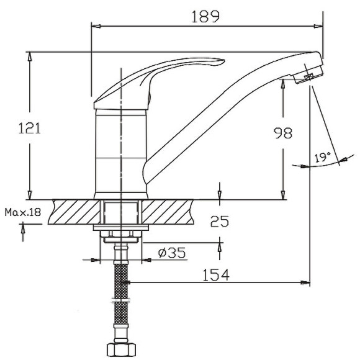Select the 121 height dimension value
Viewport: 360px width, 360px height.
point(29,128)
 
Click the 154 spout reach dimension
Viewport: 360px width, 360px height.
point(215,274)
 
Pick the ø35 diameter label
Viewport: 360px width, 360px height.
point(172,253)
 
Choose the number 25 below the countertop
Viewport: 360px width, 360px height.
point(219,220)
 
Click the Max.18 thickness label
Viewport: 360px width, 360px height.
point(22,212)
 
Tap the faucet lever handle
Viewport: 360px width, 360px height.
point(161,74)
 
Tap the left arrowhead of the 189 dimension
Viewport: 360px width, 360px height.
point(95,26)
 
